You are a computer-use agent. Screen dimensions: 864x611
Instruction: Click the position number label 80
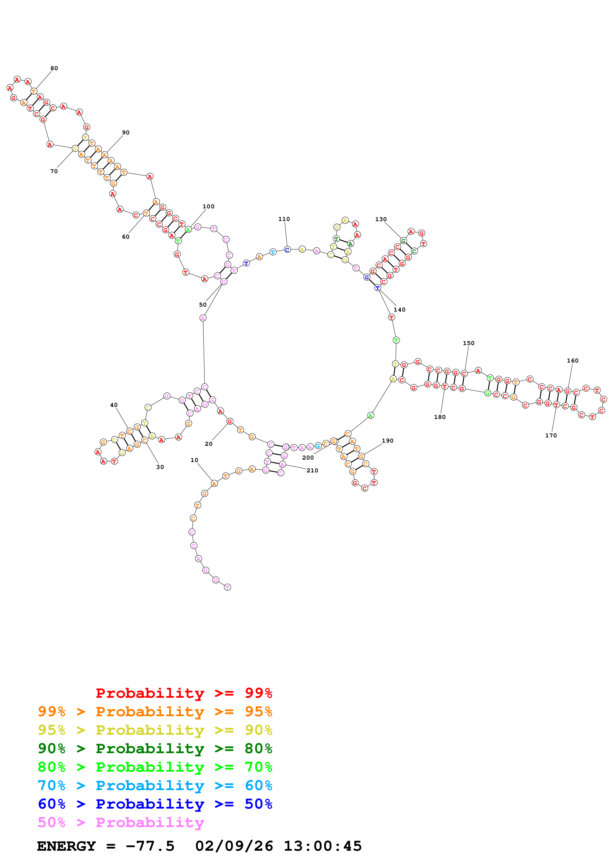(54, 68)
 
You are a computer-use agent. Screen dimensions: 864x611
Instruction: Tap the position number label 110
(284, 219)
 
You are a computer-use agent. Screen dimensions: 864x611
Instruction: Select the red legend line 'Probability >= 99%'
(184, 693)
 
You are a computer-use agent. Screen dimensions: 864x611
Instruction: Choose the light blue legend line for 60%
(155, 785)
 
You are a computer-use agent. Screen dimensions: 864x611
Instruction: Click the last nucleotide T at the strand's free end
(227, 587)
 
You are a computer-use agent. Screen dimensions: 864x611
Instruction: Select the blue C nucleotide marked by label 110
(287, 249)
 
